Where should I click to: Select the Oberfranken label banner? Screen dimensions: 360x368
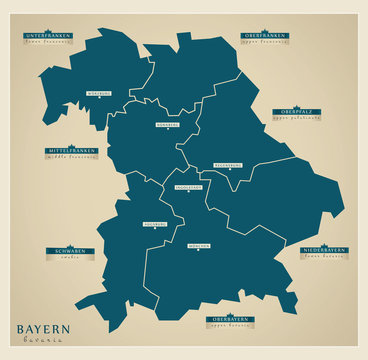[266, 35]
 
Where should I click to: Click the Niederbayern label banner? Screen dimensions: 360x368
[324, 250]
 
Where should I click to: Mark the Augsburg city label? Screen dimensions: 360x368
[155, 224]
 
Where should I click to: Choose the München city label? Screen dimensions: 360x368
[198, 243]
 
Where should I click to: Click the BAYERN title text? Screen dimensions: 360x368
[43, 329]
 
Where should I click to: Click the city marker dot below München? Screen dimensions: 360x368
[198, 249]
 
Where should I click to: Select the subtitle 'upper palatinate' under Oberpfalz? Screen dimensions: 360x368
[297, 118]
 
